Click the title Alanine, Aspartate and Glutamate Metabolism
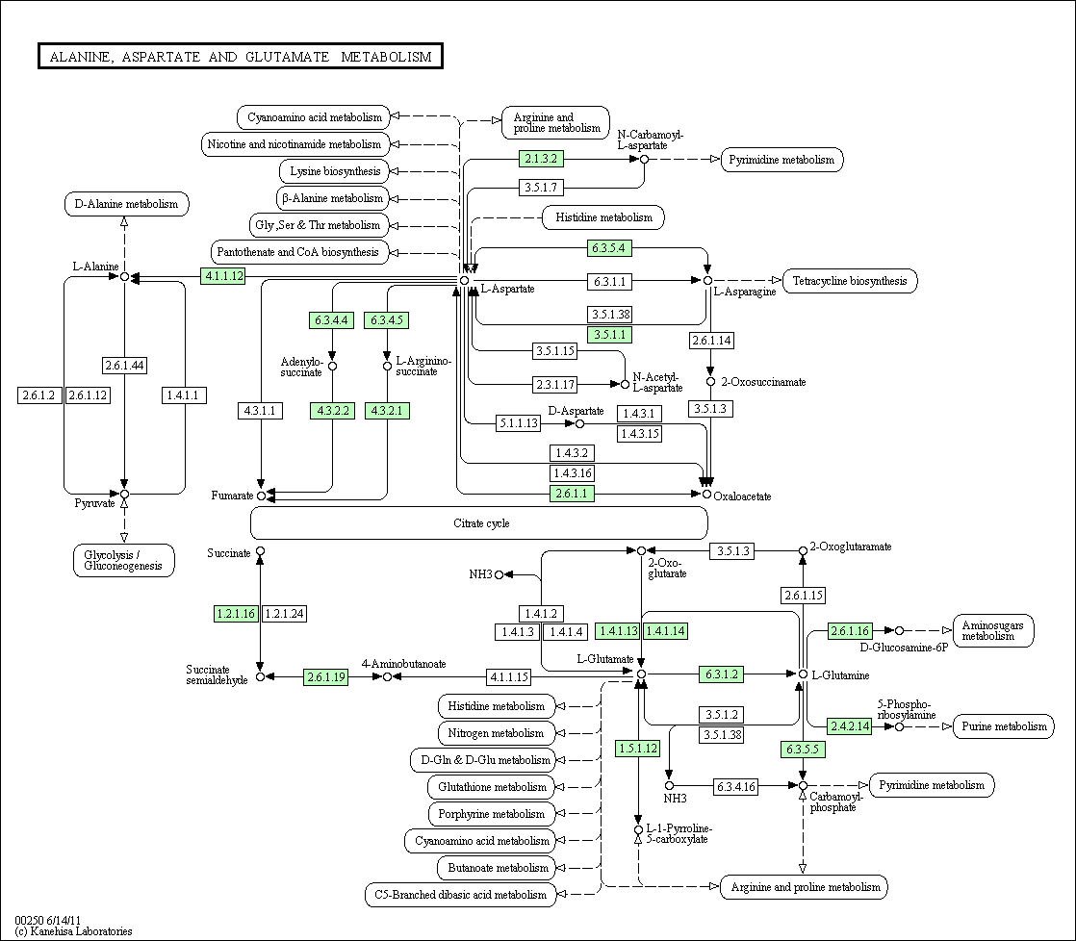click(241, 56)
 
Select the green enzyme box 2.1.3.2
click(541, 159)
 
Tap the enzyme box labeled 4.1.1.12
click(223, 276)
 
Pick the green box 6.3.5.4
click(608, 247)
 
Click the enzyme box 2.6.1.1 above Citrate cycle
click(572, 494)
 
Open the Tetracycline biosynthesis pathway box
click(850, 281)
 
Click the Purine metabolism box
click(1004, 726)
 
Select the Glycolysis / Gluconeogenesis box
click(123, 560)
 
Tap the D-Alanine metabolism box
click(126, 204)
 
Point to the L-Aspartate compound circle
click(465, 281)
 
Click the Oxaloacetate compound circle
click(706, 494)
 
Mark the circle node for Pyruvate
click(124, 494)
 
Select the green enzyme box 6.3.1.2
click(721, 674)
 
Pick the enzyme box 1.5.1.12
click(638, 749)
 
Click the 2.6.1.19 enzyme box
click(326, 677)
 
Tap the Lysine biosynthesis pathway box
click(335, 171)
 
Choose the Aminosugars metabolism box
click(993, 630)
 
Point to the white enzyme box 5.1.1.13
click(518, 423)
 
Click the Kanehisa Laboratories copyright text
click(73, 931)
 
